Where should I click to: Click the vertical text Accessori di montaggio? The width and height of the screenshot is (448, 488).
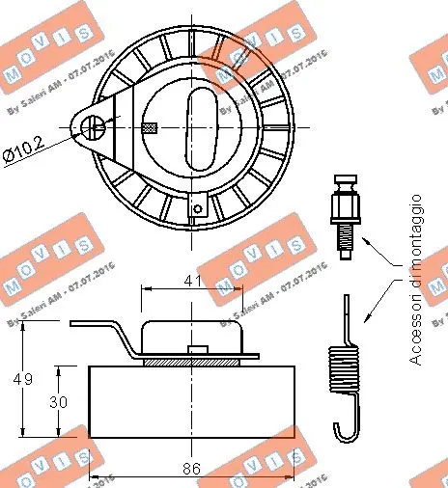pyautogui.click(x=416, y=280)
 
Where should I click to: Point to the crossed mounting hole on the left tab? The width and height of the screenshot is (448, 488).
pyautogui.click(x=93, y=126)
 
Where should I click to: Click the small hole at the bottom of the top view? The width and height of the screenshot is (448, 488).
pyautogui.click(x=197, y=206)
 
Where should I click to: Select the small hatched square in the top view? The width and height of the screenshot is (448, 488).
pyautogui.click(x=149, y=127)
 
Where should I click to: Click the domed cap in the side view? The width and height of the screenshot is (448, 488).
pyautogui.click(x=193, y=335)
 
